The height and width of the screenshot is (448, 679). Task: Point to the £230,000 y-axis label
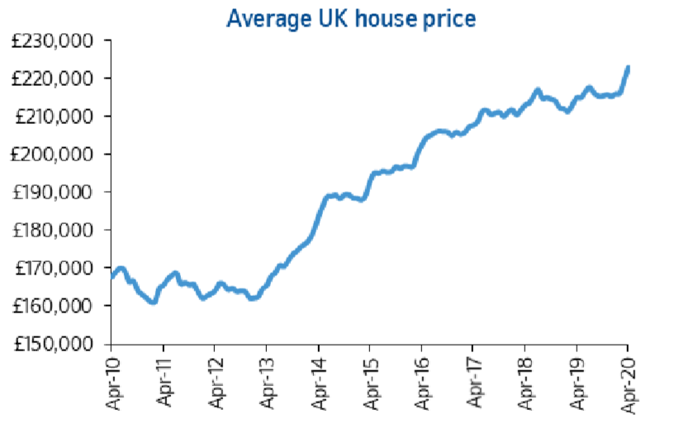coord(54,41)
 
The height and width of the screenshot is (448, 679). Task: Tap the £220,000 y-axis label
coord(54,79)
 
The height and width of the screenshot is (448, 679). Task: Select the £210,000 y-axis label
coord(54,117)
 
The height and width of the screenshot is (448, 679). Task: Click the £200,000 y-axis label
coord(54,155)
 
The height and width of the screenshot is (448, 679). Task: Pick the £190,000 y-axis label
coord(54,193)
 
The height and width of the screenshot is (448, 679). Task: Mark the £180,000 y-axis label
coord(54,231)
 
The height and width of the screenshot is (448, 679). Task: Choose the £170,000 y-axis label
coord(54,268)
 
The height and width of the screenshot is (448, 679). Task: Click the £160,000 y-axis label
coord(54,306)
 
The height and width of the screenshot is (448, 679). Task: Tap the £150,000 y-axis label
coord(54,344)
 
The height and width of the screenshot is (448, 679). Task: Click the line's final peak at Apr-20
coord(628,68)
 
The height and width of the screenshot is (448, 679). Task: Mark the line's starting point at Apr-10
coord(112,276)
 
